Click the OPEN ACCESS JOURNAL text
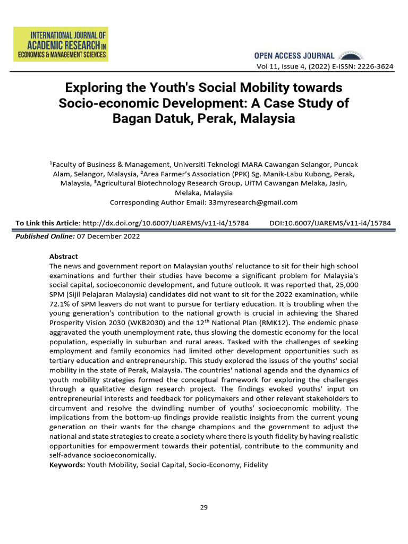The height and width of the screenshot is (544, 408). pos(294,56)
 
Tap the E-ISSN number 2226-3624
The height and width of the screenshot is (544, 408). pos(370,66)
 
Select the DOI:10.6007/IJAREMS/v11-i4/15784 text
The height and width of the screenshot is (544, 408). pos(330,223)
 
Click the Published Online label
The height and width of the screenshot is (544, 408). pos(45,236)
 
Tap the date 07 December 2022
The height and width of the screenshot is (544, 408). pos(108,236)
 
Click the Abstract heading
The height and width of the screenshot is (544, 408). pos(63,256)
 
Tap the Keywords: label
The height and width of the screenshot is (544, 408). pos(67,465)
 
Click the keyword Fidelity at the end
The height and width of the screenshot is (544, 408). pos(255,465)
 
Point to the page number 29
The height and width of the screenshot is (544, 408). pos(204,507)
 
